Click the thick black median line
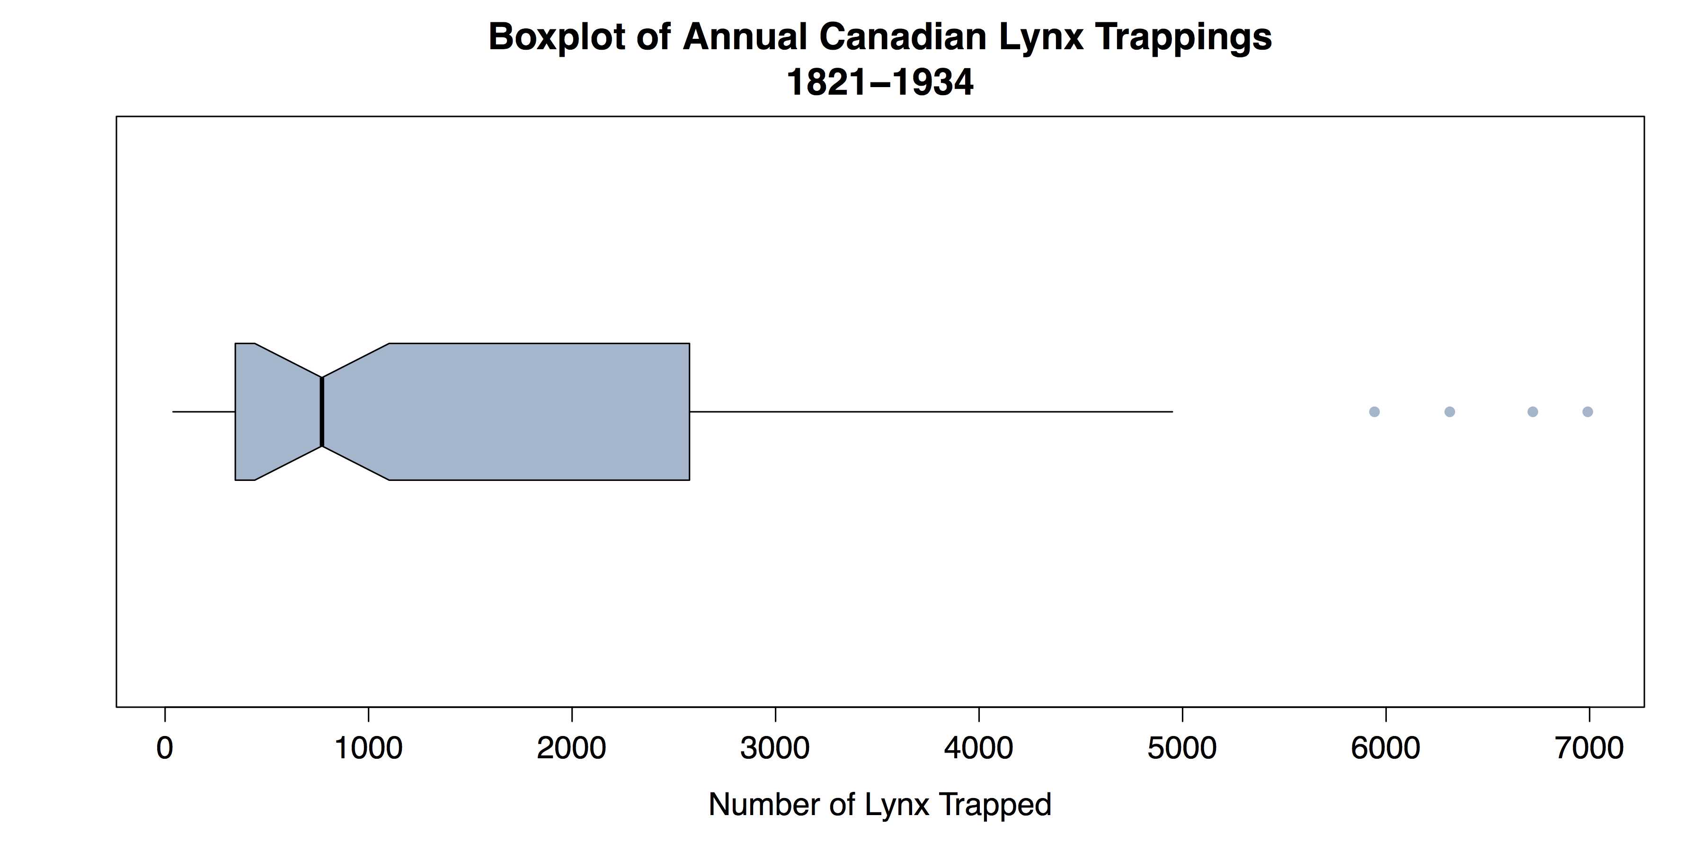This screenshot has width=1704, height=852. (x=321, y=411)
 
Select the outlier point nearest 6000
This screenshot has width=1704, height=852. (x=1374, y=411)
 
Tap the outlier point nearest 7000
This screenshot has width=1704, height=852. (x=1588, y=411)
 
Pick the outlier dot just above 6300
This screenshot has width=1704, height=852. (x=1449, y=411)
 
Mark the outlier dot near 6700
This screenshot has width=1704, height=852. (x=1533, y=411)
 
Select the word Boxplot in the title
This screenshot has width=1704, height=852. (x=557, y=37)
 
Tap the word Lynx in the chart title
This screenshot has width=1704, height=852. (x=1040, y=37)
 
